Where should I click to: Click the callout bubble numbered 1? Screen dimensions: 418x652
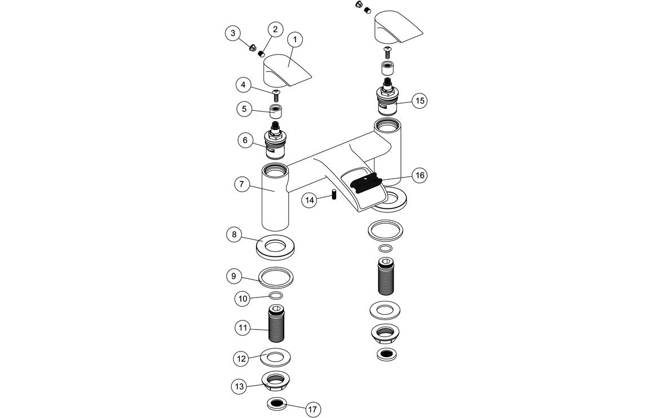[295, 39]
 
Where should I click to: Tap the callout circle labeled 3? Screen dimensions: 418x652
[233, 33]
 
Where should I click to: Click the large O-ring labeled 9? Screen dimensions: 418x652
[276, 277]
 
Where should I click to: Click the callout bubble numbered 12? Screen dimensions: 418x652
[241, 358]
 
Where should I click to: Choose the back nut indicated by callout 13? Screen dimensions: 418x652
[276, 380]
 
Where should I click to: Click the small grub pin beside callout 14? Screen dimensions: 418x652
[334, 197]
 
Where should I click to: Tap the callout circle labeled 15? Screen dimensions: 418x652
[418, 101]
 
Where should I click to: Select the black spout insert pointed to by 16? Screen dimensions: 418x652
[366, 183]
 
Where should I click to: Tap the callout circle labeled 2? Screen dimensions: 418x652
[275, 29]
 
